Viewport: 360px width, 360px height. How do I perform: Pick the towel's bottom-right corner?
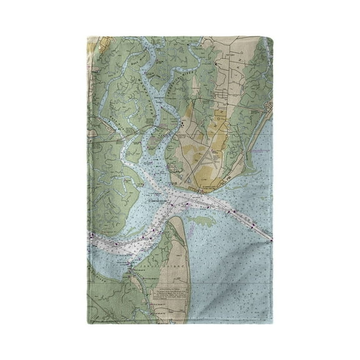pos(273,323)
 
